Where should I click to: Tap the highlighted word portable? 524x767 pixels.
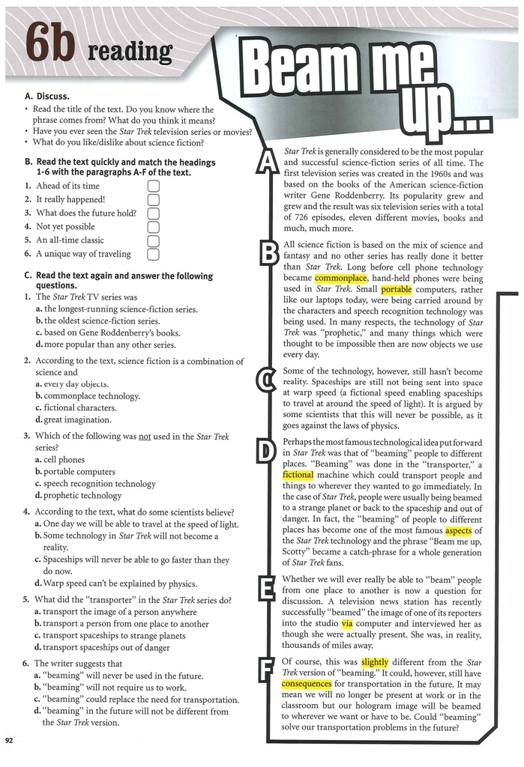point(397,288)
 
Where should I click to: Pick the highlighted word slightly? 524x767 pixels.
point(375,662)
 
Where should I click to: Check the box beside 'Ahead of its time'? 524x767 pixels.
point(154,186)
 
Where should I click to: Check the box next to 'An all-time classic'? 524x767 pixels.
point(154,240)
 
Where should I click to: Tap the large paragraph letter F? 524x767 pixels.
point(265,670)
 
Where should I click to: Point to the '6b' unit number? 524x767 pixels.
point(49,47)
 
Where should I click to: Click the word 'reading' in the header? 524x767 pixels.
point(130,52)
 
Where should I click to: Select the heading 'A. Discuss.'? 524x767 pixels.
point(47,97)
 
